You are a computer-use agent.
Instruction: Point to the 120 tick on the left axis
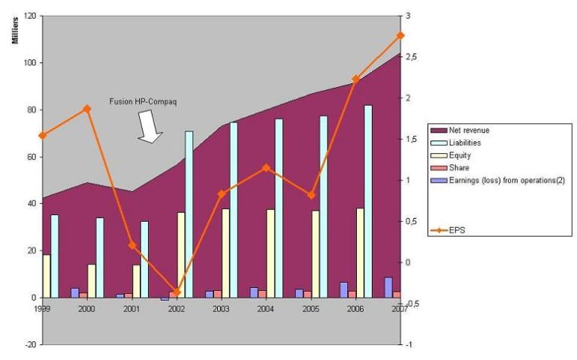29,16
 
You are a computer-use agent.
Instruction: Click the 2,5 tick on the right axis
412,57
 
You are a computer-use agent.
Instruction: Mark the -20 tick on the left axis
29,344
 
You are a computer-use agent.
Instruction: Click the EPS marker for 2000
87,109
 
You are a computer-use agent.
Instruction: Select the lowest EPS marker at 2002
177,292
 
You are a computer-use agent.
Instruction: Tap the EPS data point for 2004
267,168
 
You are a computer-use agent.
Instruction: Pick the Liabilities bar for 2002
189,214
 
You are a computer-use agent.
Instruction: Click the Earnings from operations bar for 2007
388,287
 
